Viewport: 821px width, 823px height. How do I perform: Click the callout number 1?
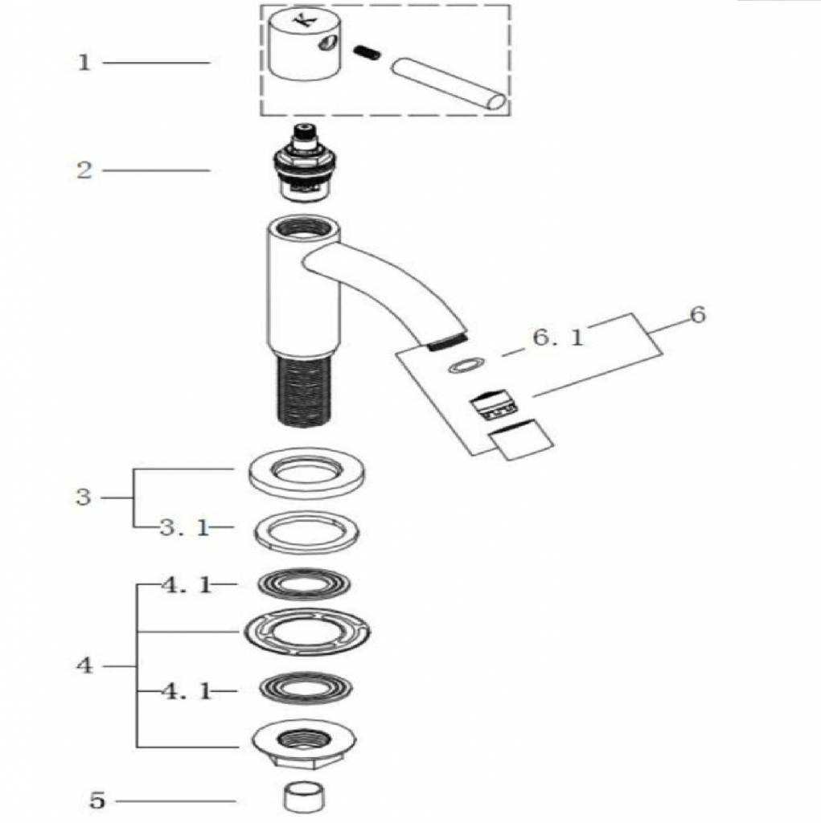click(x=84, y=63)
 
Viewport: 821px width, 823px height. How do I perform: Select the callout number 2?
click(x=84, y=170)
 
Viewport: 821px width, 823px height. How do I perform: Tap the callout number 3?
click(x=84, y=497)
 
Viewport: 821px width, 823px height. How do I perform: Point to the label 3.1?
click(x=183, y=527)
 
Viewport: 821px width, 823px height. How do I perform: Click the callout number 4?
click(x=84, y=666)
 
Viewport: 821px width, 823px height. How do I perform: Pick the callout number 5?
click(x=97, y=800)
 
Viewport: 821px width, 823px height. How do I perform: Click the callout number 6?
click(x=697, y=314)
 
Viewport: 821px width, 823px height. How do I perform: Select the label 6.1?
click(x=557, y=338)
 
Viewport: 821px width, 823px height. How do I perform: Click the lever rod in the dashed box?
click(x=447, y=82)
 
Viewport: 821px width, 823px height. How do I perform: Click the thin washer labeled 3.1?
click(x=306, y=531)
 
